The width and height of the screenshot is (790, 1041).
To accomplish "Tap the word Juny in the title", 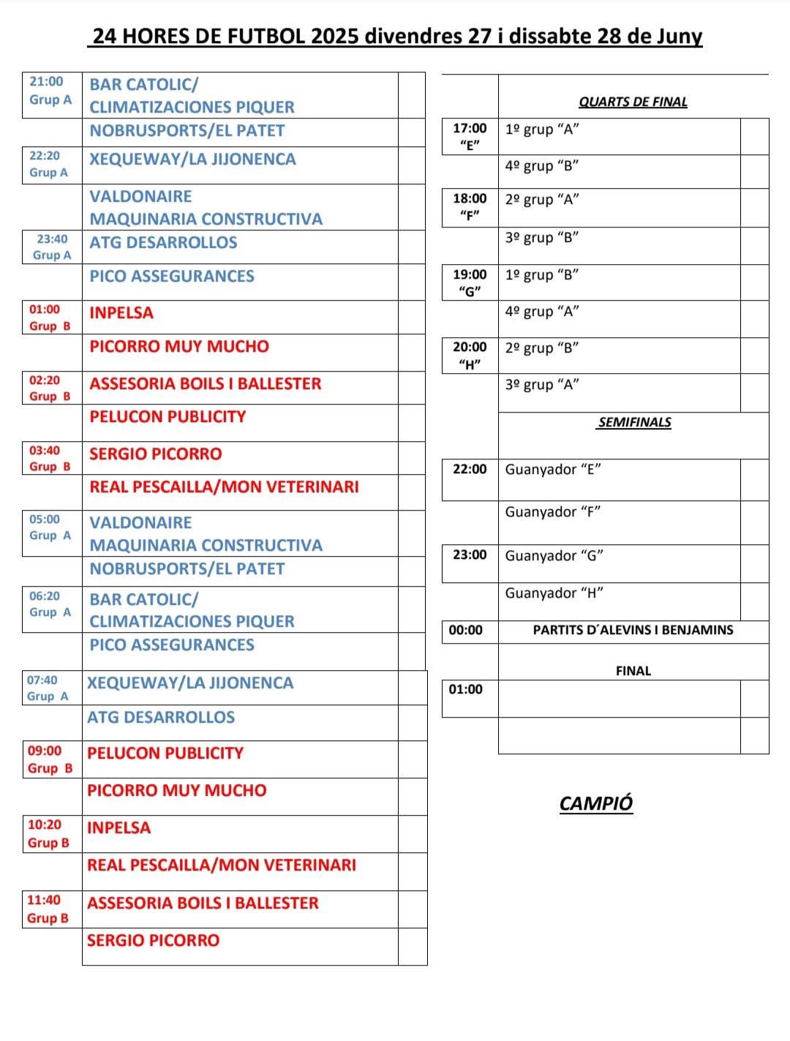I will tap(680, 36).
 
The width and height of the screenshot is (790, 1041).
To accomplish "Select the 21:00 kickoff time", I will tap(46, 82).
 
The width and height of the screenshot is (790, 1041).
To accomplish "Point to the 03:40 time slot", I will tap(45, 451).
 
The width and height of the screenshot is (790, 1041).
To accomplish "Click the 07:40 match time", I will tap(42, 680).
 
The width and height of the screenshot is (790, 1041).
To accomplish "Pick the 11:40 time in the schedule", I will tap(44, 901).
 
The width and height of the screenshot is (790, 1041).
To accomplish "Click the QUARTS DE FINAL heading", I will tap(633, 102).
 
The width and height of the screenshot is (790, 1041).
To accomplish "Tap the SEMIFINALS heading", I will tap(634, 422).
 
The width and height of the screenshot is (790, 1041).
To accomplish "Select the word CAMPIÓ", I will tap(595, 803).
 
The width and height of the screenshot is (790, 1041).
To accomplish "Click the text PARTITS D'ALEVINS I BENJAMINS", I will tap(633, 630).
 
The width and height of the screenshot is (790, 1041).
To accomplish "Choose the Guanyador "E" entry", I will tap(553, 470).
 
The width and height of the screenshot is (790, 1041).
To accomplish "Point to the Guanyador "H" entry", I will tap(554, 593).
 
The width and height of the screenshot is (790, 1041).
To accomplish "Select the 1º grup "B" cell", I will tap(542, 275).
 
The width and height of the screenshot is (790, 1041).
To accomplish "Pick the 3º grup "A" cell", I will tap(542, 385).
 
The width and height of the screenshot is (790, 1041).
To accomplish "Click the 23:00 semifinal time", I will tap(470, 555).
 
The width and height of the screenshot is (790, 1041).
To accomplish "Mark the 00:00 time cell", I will tap(466, 630).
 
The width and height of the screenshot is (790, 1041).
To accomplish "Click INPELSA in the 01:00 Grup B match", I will tap(121, 313).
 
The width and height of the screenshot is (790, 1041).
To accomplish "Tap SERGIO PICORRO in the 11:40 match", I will tap(153, 941).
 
